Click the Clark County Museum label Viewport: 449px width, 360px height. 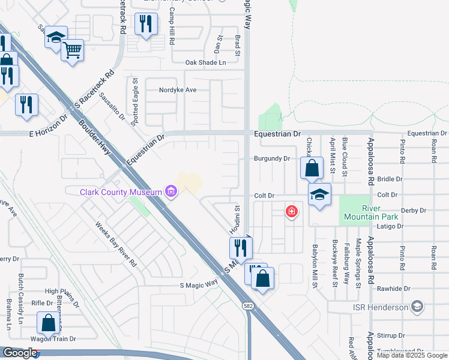pyautogui.click(x=121, y=192)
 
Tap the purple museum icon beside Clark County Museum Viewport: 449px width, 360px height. pyautogui.click(x=171, y=192)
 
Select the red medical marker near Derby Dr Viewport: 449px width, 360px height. pyautogui.click(x=292, y=211)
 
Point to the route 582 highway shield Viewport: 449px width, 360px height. pyautogui.click(x=248, y=305)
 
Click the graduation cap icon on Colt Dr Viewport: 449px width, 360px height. pyautogui.click(x=319, y=194)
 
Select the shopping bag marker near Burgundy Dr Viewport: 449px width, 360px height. pyautogui.click(x=312, y=168)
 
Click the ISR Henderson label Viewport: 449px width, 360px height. pyautogui.click(x=380, y=307)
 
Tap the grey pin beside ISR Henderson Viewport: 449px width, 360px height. pyautogui.click(x=417, y=307)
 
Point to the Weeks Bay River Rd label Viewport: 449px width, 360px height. pyautogui.click(x=116, y=244)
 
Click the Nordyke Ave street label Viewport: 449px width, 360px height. pyautogui.click(x=178, y=90)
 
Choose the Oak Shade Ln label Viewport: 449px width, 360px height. pyautogui.click(x=205, y=62)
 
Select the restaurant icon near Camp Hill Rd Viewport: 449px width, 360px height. pyautogui.click(x=146, y=24)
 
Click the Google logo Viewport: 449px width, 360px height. pyautogui.click(x=20, y=353)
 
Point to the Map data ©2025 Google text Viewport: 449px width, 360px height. pyautogui.click(x=412, y=355)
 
